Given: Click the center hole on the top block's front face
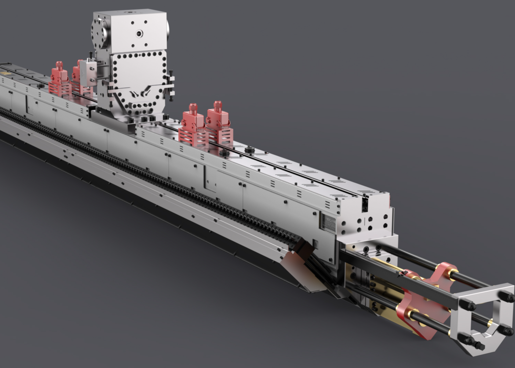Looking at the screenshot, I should [x=139, y=33].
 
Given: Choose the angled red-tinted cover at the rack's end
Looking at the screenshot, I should [x=300, y=272].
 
